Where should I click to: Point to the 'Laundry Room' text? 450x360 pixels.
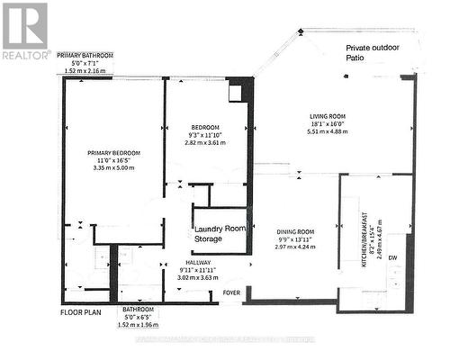[221, 229]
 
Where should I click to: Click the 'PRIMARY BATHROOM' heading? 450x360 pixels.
[93, 55]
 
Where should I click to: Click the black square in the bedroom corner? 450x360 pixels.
[236, 92]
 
